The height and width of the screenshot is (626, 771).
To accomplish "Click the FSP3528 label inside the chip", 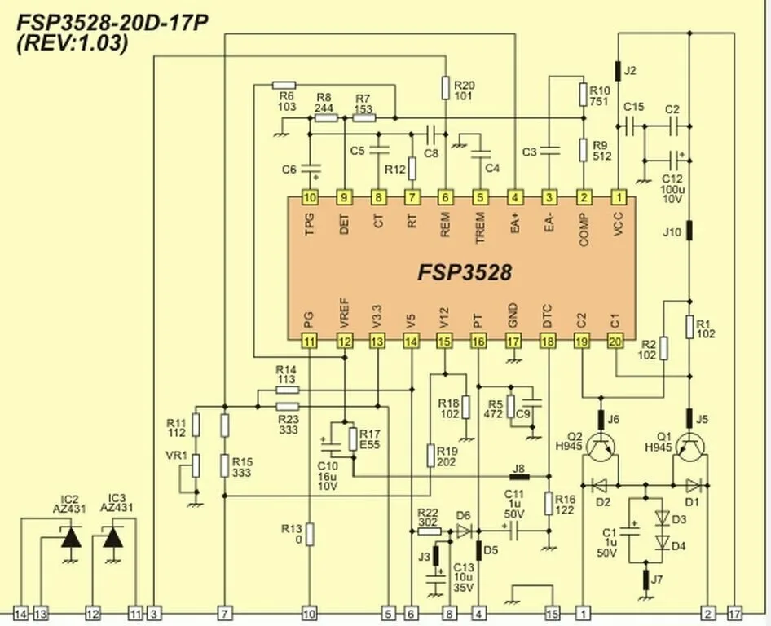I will coord(465,271).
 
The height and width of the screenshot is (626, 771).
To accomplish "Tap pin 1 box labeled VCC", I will coord(619,197).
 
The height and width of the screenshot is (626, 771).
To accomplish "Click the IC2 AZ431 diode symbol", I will coord(72,538).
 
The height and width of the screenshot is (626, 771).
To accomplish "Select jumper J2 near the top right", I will coord(619,71).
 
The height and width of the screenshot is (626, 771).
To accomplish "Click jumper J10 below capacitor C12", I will coord(689,231).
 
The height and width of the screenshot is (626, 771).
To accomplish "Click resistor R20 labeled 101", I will coord(445,86).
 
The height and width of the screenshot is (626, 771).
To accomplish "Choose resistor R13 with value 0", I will coord(309,534).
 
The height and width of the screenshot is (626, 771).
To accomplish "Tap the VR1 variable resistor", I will coord(196,467).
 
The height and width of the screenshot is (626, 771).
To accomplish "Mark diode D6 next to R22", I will coord(463,531).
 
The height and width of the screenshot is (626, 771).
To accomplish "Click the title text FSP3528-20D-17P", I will coord(112,22).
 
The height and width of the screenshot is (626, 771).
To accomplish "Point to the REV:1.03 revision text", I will coord(73,45).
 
